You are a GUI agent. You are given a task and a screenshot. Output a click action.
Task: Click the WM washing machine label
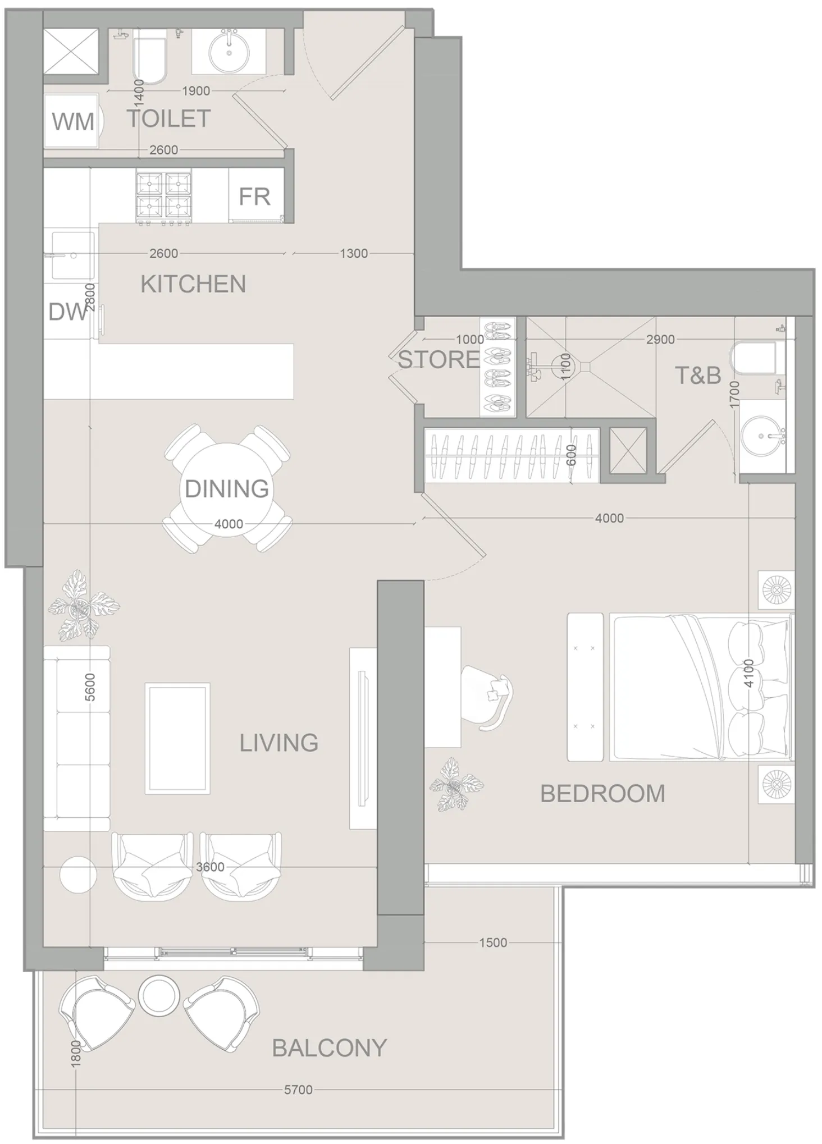73,122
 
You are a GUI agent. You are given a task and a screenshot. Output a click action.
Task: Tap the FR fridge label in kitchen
254,197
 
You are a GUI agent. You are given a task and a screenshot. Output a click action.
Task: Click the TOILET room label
168,119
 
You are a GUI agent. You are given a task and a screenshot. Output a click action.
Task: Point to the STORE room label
439,360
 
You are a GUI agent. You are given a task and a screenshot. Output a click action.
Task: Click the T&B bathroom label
698,376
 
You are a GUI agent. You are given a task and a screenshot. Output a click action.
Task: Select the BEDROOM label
602,794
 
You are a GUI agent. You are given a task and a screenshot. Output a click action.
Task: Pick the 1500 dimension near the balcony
493,942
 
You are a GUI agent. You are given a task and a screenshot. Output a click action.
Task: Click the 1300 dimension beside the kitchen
354,253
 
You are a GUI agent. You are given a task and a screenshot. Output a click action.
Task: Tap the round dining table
227,488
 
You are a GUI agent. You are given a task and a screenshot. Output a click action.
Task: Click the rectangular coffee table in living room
177,738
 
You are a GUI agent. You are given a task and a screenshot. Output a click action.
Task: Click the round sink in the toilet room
229,52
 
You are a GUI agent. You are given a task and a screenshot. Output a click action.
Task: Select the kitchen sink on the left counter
73,255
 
